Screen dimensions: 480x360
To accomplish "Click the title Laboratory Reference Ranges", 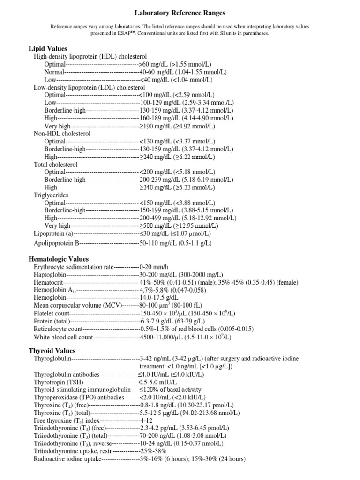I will pos(180,13).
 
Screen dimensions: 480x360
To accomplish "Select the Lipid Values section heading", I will pos(48,48).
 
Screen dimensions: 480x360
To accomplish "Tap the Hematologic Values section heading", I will pos(59,259).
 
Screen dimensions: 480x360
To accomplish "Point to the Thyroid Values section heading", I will pos(52,351).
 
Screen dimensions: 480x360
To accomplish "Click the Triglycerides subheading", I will pos(51,195).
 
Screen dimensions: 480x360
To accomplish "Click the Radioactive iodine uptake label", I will pos(67,459).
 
